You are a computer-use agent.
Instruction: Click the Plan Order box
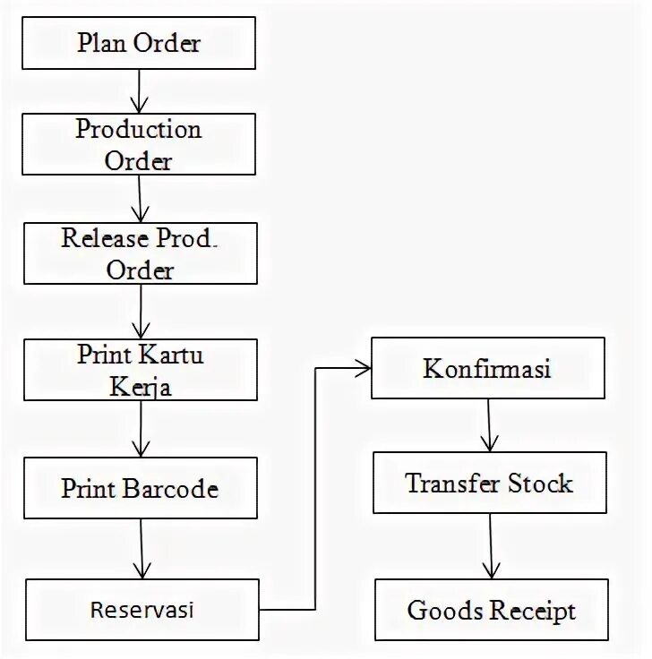[139, 44]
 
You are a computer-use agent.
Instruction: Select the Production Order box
[139, 143]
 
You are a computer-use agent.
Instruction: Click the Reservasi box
[142, 610]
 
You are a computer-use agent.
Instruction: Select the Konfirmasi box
[487, 368]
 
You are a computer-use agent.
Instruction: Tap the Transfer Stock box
[489, 484]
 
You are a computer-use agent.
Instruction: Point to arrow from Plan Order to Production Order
[139, 90]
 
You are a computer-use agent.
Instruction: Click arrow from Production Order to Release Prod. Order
[139, 198]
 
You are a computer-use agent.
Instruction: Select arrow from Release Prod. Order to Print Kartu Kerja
[140, 312]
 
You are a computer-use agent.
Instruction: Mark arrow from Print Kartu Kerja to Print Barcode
[140, 428]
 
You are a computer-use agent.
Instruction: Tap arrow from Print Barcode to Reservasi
[142, 549]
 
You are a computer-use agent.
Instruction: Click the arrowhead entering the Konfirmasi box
[364, 366]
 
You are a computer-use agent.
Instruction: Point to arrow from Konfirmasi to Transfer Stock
[488, 425]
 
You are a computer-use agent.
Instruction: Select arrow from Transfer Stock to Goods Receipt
[489, 546]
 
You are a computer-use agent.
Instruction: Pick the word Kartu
[170, 355]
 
